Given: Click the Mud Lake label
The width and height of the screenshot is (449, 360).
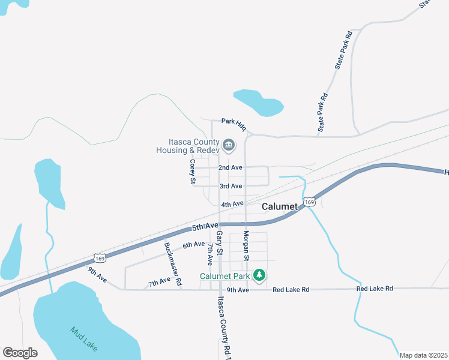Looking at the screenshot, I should (x=83, y=339).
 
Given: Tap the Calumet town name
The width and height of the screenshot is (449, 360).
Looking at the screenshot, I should (x=280, y=206).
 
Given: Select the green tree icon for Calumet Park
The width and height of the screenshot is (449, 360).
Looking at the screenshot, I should (x=259, y=275).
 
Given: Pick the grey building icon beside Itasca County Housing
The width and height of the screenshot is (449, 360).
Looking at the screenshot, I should (x=229, y=145).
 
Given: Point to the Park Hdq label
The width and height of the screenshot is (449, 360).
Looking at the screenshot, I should (x=234, y=121).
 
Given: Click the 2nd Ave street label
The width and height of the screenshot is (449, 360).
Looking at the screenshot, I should (x=230, y=167).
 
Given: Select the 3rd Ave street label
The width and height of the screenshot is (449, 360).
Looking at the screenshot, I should (x=231, y=186).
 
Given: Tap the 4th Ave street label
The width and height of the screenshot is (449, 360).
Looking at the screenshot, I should (x=232, y=205).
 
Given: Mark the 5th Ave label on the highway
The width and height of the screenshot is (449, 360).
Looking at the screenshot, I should (x=205, y=226).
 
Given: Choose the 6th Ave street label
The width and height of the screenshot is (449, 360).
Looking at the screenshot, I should (x=194, y=244).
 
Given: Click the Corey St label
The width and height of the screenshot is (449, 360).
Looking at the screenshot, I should (x=193, y=172).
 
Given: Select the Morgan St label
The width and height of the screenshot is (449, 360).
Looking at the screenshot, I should (x=246, y=245).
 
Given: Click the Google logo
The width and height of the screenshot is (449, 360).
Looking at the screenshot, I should (x=20, y=353).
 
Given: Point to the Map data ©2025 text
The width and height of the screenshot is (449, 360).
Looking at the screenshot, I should (x=423, y=355).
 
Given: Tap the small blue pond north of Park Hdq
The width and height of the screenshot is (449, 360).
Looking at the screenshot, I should (x=258, y=103).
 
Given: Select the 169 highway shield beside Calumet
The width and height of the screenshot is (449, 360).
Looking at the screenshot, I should (x=309, y=202).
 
